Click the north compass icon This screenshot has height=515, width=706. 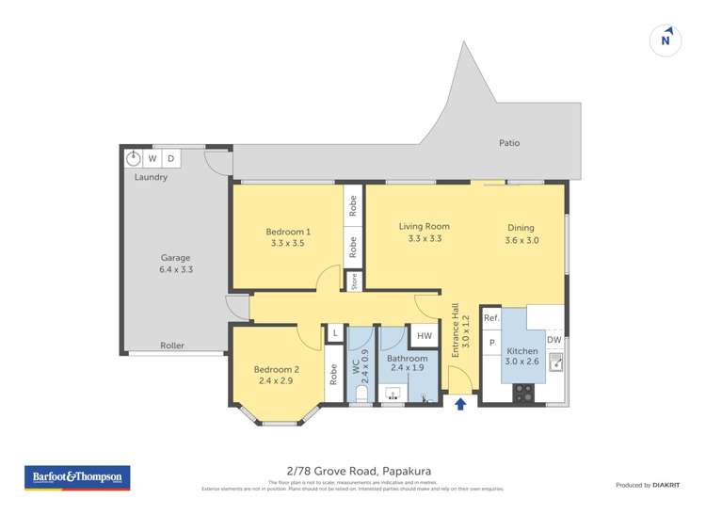pyautogui.click(x=666, y=40)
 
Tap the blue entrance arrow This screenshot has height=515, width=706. pyautogui.click(x=460, y=405)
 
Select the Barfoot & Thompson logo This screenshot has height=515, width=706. pyautogui.click(x=76, y=478)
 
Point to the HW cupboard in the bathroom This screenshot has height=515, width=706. pyautogui.click(x=424, y=336)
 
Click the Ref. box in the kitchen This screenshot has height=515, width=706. pyautogui.click(x=490, y=318)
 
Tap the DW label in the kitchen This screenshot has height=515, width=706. pyautogui.click(x=554, y=340)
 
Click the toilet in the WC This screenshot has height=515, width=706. pyautogui.click(x=361, y=396)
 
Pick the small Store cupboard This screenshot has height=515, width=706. pyautogui.click(x=353, y=280)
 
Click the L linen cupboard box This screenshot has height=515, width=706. pyautogui.click(x=334, y=333)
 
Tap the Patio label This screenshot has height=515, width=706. pyautogui.click(x=509, y=143)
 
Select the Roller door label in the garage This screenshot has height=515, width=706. pyautogui.click(x=172, y=346)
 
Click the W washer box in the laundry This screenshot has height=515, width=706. pyautogui.click(x=152, y=158)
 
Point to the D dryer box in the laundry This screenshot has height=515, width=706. pyautogui.click(x=170, y=158)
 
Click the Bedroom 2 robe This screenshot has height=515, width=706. pyautogui.click(x=334, y=374)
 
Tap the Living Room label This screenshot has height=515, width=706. pyautogui.click(x=424, y=226)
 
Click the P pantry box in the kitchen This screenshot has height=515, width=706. pyautogui.click(x=490, y=344)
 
